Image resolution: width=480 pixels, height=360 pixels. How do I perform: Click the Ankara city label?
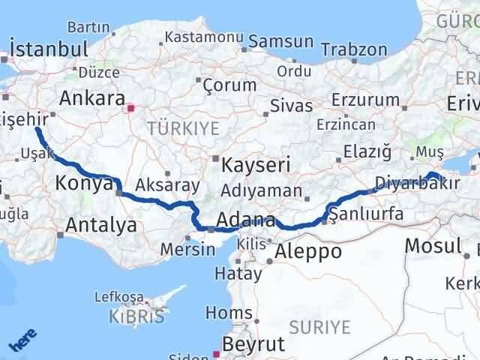click(x=91, y=97)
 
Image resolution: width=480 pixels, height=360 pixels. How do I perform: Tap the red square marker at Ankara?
click(x=130, y=107)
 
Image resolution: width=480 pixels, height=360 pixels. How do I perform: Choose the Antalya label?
click(x=101, y=224)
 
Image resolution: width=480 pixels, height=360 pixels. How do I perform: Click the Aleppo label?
click(x=310, y=250)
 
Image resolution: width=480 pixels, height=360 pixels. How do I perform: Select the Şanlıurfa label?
click(x=367, y=214)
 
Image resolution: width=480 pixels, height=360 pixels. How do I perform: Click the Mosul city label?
click(x=433, y=244)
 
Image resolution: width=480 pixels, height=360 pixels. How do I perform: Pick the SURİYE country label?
click(x=320, y=326)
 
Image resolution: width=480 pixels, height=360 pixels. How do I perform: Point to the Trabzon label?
click(x=354, y=49)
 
